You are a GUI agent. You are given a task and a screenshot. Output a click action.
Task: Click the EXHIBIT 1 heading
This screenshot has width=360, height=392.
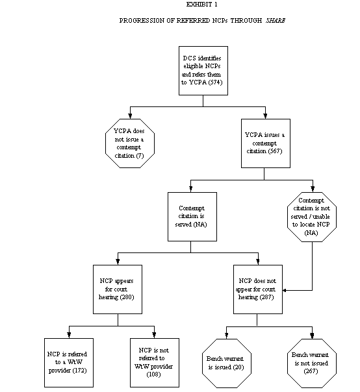[x=201, y=5]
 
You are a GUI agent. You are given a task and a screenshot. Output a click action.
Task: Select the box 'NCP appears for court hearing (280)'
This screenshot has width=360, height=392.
[x=118, y=288]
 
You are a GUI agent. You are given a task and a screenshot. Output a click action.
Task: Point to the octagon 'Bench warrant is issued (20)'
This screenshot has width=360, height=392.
[x=225, y=361]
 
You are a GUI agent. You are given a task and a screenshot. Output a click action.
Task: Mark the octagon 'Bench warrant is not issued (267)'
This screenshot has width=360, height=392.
[x=312, y=361]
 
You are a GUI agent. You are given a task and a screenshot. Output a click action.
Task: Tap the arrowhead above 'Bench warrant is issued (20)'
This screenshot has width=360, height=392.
[x=225, y=336]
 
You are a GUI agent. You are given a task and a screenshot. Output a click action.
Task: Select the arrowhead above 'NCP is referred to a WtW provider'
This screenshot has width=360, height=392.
[x=69, y=336]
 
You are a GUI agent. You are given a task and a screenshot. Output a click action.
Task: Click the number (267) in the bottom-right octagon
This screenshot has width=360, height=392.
[x=312, y=370]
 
